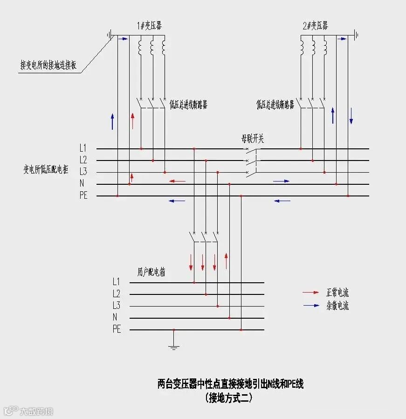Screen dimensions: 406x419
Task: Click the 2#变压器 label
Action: click(x=315, y=26)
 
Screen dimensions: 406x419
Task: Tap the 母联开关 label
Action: click(x=252, y=139)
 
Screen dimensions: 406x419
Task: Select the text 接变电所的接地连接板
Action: click(x=48, y=65)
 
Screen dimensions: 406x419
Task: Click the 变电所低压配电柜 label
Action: click(x=47, y=169)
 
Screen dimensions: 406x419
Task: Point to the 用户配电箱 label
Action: click(x=151, y=272)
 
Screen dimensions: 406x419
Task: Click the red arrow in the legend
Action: click(x=310, y=293)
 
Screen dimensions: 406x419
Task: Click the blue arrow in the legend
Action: click(x=310, y=306)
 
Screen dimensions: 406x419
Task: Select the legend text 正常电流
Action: click(x=337, y=293)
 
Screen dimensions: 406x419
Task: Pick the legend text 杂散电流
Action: click(x=337, y=306)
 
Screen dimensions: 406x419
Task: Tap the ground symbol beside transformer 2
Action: click(x=356, y=35)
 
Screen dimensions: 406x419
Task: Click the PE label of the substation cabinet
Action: click(x=83, y=196)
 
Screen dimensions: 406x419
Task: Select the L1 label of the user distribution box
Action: click(x=117, y=282)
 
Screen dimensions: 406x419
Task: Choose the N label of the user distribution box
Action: click(x=115, y=318)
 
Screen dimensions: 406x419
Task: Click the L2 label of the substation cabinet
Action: click(x=83, y=160)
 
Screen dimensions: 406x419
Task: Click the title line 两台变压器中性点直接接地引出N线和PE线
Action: click(x=230, y=384)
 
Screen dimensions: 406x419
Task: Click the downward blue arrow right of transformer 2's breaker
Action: click(x=351, y=115)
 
